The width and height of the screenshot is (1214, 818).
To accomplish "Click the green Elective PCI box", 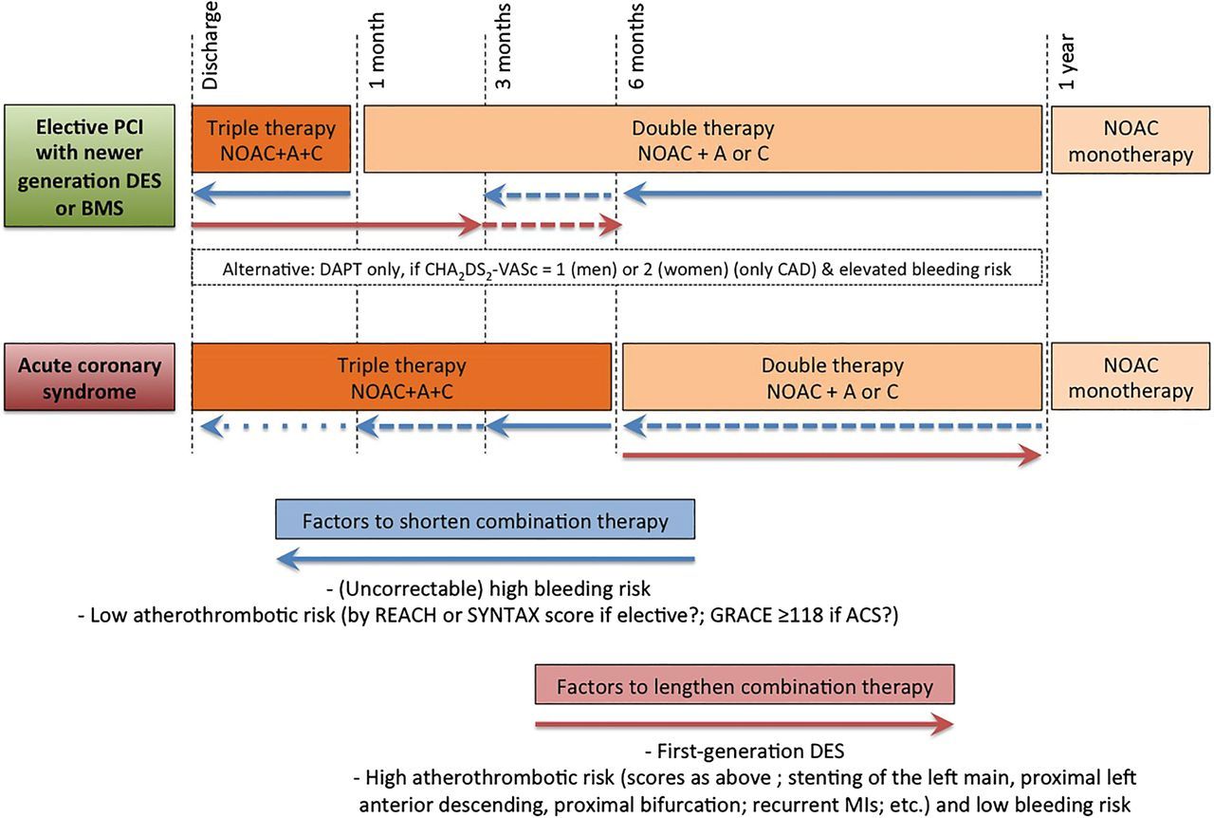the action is click(x=89, y=165).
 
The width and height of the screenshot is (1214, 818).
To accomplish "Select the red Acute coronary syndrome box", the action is click(x=89, y=377).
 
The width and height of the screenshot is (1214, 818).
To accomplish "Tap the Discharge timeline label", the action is click(x=210, y=46).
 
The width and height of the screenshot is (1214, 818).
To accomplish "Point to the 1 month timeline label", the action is click(x=377, y=50).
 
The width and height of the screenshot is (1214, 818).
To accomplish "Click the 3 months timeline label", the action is click(x=504, y=46).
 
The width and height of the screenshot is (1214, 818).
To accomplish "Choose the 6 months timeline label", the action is click(x=636, y=46).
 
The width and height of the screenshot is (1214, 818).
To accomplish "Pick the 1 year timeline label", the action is click(x=1066, y=62).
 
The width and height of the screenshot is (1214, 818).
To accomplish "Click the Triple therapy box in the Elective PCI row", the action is click(x=271, y=139).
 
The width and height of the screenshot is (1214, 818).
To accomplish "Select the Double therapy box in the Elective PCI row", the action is click(x=703, y=139).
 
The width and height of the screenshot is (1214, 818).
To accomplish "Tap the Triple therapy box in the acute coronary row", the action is click(x=401, y=377).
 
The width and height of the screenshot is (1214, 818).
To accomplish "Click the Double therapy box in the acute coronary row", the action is click(x=832, y=377).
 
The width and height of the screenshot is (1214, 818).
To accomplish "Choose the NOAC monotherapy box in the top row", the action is click(x=1131, y=139).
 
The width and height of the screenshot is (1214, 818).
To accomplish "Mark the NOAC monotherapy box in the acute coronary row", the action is click(x=1131, y=377).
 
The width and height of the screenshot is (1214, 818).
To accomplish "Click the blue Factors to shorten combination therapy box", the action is click(x=485, y=519).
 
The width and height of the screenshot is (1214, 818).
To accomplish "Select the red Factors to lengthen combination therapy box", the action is click(x=745, y=684).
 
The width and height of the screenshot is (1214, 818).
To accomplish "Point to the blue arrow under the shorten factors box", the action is click(x=486, y=559).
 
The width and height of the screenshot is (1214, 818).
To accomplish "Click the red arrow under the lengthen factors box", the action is click(x=745, y=724).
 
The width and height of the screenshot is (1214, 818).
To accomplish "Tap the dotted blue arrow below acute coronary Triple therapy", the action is click(x=274, y=427).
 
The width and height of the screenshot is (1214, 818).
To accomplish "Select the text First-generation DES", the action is click(x=745, y=752).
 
